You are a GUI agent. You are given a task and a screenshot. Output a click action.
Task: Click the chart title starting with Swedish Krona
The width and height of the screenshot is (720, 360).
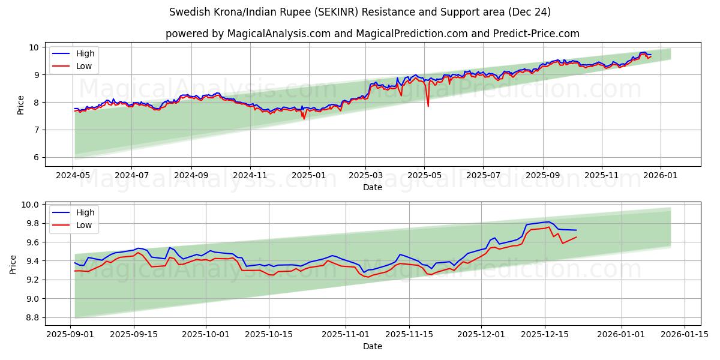coord(360,12)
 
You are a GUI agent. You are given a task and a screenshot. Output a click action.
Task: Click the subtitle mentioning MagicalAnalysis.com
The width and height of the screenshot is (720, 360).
coord(372,34)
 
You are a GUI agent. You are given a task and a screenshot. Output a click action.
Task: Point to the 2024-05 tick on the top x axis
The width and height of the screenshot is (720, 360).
coord(73,175)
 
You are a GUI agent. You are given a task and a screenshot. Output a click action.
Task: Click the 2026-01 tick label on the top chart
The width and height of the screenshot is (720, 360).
coord(661,175)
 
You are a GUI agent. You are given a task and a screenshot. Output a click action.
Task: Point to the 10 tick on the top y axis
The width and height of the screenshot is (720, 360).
coord(34,47)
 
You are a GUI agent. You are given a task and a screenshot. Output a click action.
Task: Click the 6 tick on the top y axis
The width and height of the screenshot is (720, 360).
coord(36,157)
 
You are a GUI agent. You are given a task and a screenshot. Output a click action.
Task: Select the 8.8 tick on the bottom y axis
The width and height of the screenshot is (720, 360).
coord(31,317)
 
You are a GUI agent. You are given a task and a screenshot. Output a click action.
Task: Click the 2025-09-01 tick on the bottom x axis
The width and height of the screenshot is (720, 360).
coord(71,334)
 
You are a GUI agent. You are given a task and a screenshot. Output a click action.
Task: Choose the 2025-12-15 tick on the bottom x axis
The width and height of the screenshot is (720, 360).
coord(545,334)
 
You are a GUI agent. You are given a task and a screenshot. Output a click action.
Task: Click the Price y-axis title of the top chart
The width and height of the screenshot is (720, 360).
coord(21,105)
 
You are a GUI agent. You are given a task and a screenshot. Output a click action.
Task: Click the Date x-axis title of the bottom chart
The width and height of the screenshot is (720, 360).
coord(372,346)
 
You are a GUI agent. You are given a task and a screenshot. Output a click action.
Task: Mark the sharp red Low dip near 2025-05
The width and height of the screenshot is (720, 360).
coord(428,106)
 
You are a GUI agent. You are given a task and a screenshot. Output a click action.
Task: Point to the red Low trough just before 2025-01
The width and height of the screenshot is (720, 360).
coord(304,119)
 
